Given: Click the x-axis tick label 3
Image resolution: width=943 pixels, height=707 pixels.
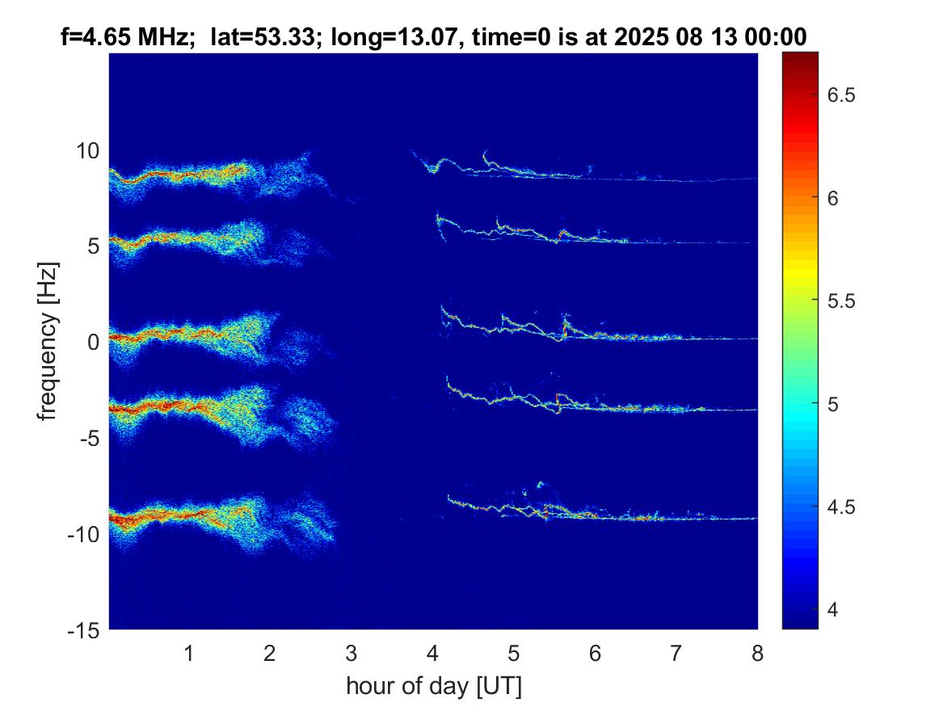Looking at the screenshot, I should coord(351,653).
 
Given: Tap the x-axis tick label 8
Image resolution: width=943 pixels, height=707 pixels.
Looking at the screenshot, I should coord(757,653).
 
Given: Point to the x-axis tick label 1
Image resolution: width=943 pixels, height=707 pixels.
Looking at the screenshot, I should coord(189,653).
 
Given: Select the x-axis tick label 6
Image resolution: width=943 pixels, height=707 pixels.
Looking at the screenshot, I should coord(595,653).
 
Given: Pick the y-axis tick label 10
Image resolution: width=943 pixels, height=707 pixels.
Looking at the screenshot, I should coord(88,150).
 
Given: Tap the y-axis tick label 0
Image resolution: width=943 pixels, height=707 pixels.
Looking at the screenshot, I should coord(93,343).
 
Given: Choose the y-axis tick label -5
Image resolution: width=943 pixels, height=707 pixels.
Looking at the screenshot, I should coord(88,438).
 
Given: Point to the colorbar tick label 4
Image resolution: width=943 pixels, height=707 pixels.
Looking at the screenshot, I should coord(836,608).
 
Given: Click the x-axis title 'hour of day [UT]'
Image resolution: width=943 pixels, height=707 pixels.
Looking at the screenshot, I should coord(433,686).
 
